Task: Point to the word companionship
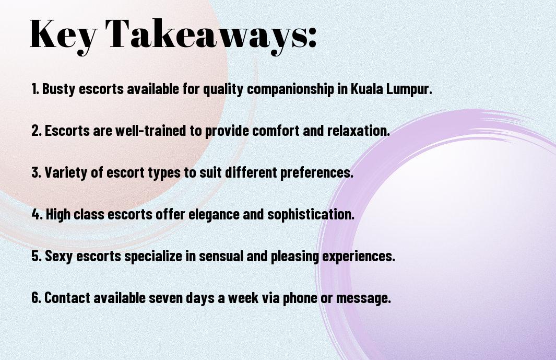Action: pos(290,89)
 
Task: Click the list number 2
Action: pos(37,131)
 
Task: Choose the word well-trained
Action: pos(150,131)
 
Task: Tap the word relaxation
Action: pos(358,131)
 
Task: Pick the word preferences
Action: pos(317,172)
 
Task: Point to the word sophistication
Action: pos(311,214)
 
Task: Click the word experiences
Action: pos(358,257)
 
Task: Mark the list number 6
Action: pos(37,298)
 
